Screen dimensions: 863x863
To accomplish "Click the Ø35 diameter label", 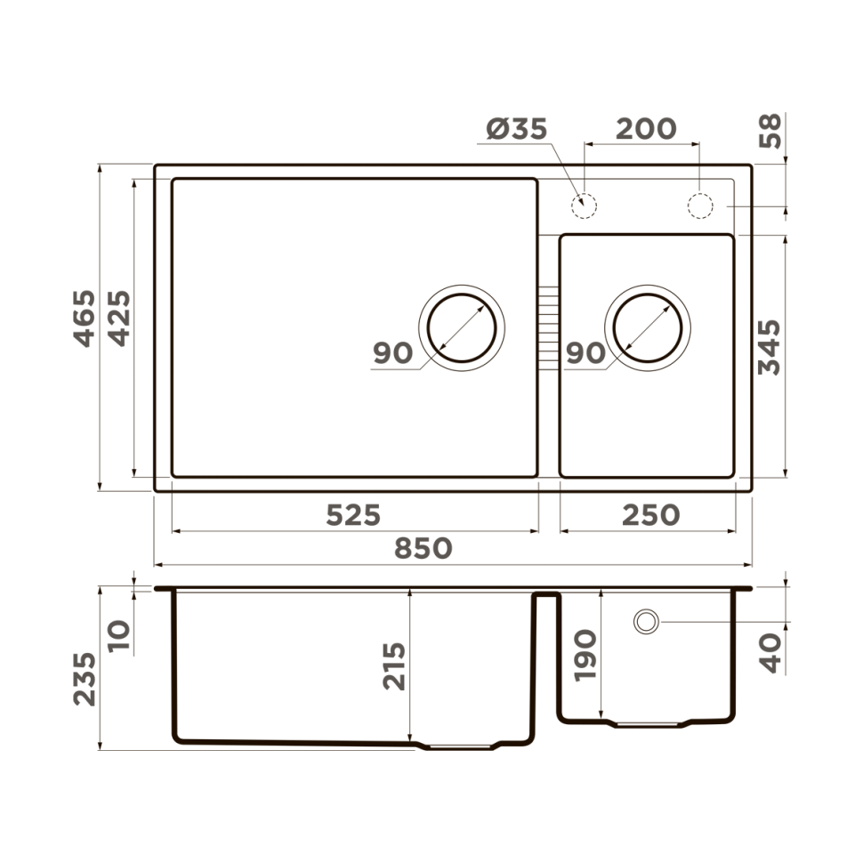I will pos(517,130).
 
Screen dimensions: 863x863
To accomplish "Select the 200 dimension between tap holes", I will pos(646,129).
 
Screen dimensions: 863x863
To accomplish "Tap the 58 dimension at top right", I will pos(770,131).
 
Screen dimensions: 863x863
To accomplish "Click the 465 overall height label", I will pos(84,318).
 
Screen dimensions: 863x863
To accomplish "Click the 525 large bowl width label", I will pos(353,515).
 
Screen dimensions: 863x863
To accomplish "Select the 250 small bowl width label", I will pos(650,515).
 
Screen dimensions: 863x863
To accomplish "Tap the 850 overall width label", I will pos(423,549).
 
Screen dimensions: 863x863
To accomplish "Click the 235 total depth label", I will pos(85,679).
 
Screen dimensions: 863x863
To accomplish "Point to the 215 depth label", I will pos(394,666).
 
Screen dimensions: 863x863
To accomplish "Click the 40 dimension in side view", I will pos(770,652).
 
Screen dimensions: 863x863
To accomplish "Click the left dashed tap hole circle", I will pos(584,205).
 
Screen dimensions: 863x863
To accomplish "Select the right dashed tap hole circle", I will pos(700,205).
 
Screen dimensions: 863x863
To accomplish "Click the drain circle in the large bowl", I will pos(463,327).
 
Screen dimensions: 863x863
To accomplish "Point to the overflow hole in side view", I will pos(646,621).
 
